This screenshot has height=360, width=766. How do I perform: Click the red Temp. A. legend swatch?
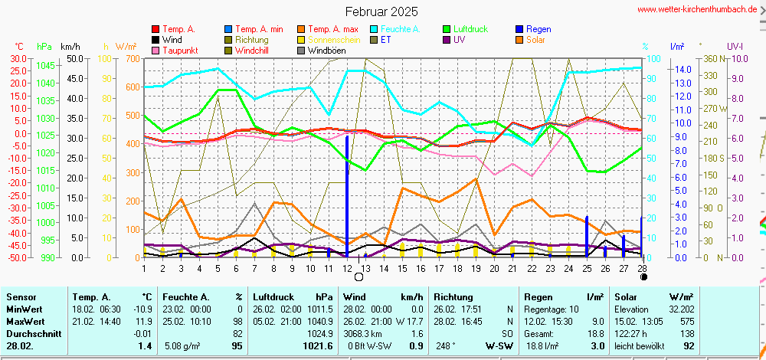(156, 29)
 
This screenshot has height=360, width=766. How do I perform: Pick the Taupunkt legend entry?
(179, 51)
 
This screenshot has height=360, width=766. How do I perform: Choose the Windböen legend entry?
(325, 51)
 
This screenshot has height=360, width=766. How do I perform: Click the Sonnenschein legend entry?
(334, 40)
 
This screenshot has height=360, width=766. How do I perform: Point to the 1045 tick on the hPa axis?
(45, 65)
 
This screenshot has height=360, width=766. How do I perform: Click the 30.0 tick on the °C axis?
(16, 58)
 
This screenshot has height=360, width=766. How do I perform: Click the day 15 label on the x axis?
(401, 268)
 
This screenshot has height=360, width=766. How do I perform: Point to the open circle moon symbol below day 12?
(358, 277)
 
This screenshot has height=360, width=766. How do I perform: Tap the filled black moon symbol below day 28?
(643, 277)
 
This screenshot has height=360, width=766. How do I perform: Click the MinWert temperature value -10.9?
(142, 309)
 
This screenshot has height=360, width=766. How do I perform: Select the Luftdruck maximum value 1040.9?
(319, 322)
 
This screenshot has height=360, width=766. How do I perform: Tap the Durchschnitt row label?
(28, 334)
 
